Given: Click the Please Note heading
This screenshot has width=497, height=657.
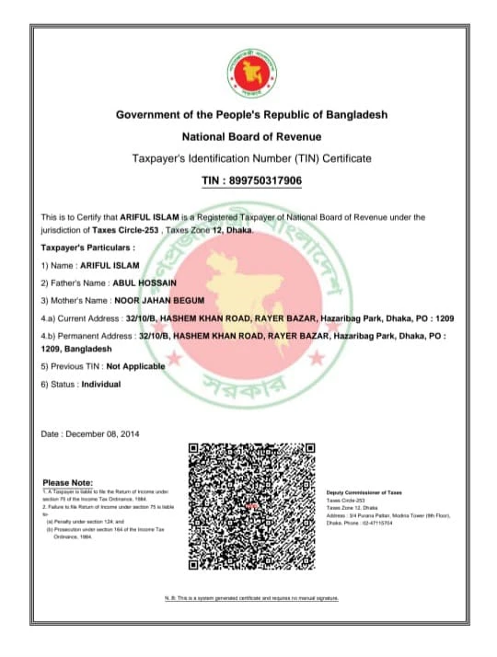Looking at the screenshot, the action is tap(68, 483).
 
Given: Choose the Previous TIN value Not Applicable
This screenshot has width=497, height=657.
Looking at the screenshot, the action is tap(136, 365).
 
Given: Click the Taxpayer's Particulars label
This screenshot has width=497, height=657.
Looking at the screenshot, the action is tap(88, 248).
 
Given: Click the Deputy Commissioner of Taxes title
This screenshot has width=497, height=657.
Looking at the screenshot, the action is tap(364, 493).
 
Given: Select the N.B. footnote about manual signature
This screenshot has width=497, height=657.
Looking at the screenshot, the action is tap(251, 598).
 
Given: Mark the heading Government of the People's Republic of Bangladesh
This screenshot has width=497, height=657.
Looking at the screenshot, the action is tap(251, 114).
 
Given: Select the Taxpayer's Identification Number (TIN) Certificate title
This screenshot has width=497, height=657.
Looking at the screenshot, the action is tap(251, 158).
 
